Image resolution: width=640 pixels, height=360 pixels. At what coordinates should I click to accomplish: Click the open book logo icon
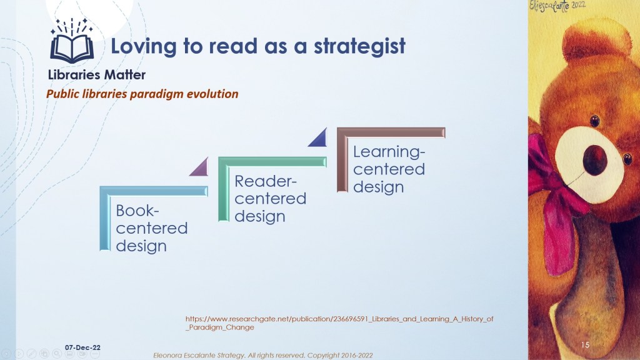click(x=72, y=41)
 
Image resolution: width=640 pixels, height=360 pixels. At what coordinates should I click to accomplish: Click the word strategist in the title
click(x=359, y=46)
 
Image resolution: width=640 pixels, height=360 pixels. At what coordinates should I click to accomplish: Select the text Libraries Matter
click(x=97, y=75)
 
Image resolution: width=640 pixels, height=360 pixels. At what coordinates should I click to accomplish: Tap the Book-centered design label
click(x=151, y=228)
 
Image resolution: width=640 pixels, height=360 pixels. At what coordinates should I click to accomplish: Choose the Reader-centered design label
click(x=270, y=199)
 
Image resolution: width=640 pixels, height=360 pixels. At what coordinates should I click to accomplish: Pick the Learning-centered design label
click(x=389, y=169)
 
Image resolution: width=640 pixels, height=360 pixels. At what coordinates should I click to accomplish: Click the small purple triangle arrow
click(x=200, y=167)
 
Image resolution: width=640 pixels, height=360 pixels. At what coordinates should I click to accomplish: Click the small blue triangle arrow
click(x=318, y=137)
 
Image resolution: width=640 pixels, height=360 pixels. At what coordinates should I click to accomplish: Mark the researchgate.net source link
click(x=339, y=323)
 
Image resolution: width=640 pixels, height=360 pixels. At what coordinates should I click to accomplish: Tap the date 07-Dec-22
click(x=82, y=347)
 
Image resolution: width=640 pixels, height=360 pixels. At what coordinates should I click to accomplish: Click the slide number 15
click(x=585, y=345)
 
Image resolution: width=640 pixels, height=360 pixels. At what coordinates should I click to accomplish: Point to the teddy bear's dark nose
click(x=595, y=160)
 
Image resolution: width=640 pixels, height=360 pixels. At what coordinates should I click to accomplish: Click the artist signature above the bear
click(x=557, y=6)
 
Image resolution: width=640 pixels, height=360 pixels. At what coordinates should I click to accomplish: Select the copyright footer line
click(x=263, y=356)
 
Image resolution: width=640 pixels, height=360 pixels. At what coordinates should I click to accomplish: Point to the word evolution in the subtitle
click(x=212, y=94)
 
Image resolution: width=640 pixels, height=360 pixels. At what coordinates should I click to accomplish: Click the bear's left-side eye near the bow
click(x=595, y=121)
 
